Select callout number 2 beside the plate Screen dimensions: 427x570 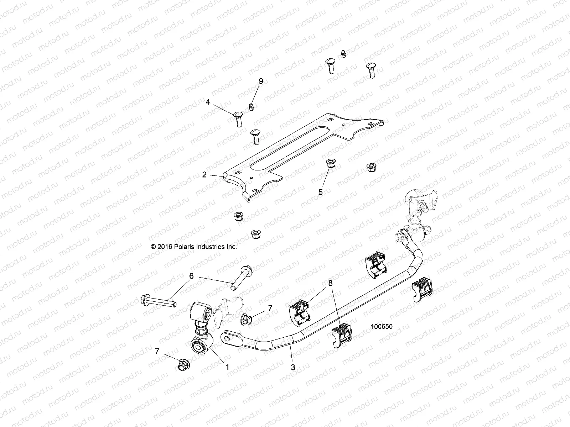pos(204,175)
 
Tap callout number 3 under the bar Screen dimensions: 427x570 pos(293,367)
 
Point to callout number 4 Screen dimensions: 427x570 pos(208,102)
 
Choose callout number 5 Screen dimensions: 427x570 pos(321,192)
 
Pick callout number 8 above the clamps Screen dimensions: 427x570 pos(331,283)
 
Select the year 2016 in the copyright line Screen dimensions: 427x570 pos(164,246)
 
